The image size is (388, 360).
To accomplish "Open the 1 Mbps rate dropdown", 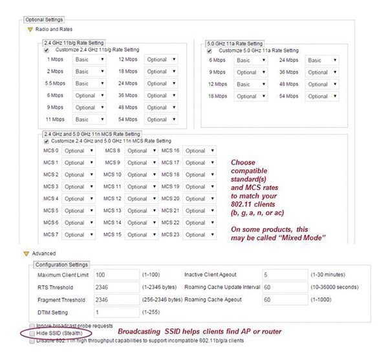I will pos(89,59).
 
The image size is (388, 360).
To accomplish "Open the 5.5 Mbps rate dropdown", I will pos(89,83).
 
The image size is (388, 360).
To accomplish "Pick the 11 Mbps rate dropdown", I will pos(89,120).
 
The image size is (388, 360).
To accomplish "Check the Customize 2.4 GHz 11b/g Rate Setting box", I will pos(46,50).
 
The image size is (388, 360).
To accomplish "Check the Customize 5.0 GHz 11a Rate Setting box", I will pos(211,50).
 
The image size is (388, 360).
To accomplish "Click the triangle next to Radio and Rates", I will pos(29,29).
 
